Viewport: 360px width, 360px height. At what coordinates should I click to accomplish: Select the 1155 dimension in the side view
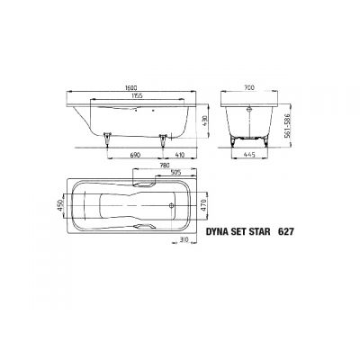pyautogui.click(x=135, y=95)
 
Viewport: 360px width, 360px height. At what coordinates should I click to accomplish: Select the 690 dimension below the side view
pyautogui.click(x=136, y=156)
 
